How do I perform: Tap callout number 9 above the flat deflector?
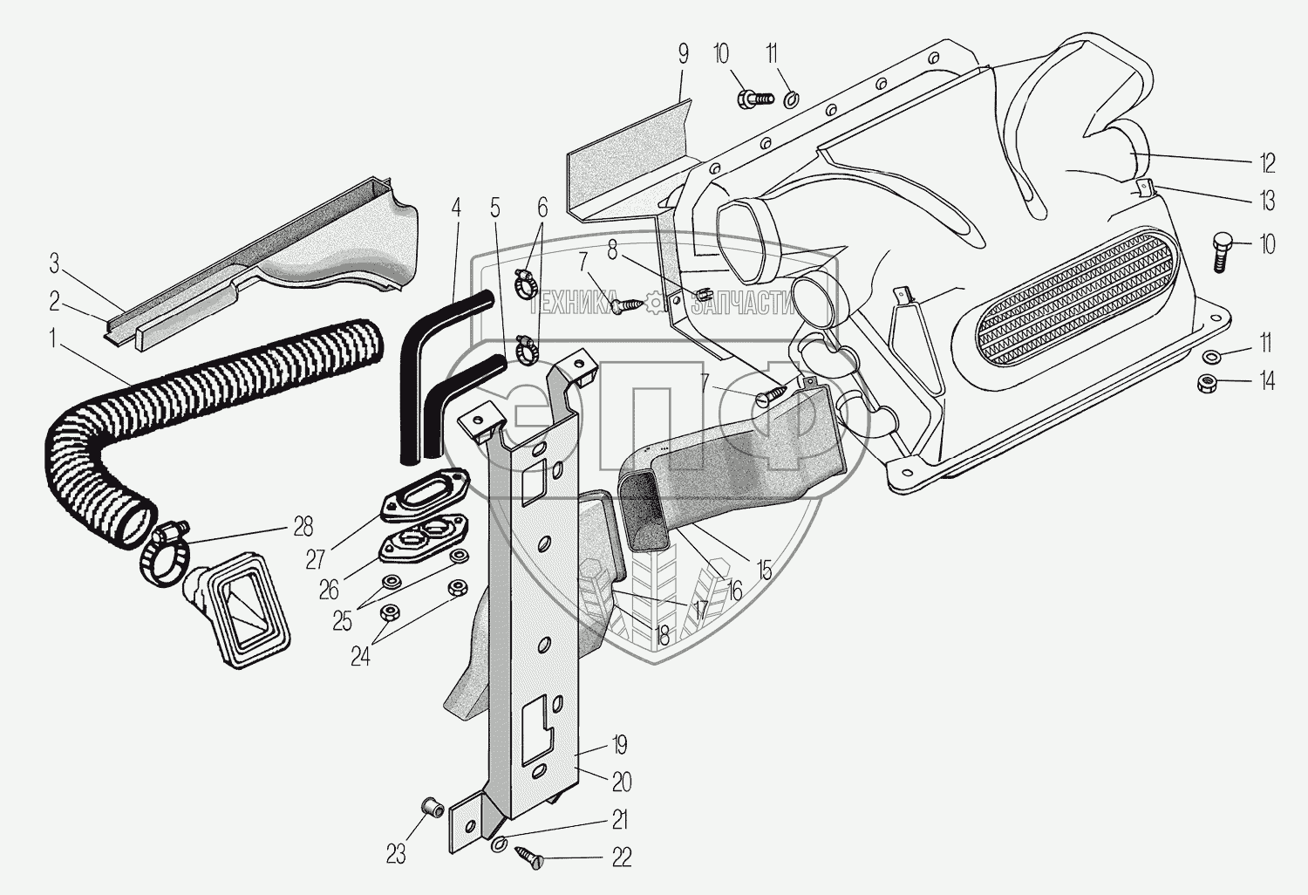[x=683, y=54]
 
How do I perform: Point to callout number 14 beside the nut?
[x=1267, y=380]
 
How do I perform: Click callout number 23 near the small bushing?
[x=396, y=854]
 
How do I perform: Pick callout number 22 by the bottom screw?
[x=620, y=858]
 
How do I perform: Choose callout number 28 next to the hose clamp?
[x=303, y=527]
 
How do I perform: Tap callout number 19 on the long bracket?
[x=619, y=746]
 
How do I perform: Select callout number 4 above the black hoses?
[x=454, y=209]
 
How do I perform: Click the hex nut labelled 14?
[x=1207, y=381]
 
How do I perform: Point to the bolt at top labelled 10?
[x=755, y=99]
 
